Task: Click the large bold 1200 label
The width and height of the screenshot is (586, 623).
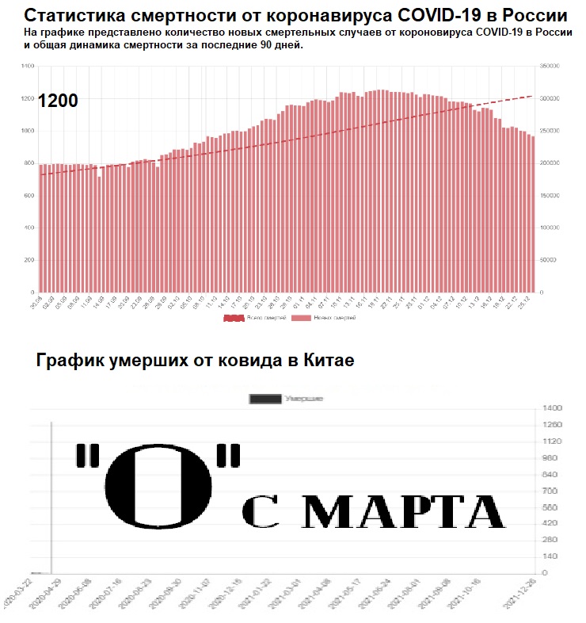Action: coord(58,101)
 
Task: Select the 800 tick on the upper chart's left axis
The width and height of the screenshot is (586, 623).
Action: coord(30,163)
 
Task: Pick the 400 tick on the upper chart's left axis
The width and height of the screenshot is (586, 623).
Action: coord(30,228)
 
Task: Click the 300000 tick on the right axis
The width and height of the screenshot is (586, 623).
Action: coord(550,98)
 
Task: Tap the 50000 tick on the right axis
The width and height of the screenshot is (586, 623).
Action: coord(549,260)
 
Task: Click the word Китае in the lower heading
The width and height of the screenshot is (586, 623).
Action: coord(325,361)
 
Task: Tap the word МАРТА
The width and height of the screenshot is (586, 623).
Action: coord(404,513)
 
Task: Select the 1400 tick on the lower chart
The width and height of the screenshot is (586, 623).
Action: coord(552,408)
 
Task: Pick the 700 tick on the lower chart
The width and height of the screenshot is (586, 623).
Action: coord(550,491)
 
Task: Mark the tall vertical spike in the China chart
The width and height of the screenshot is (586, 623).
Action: coord(51,491)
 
